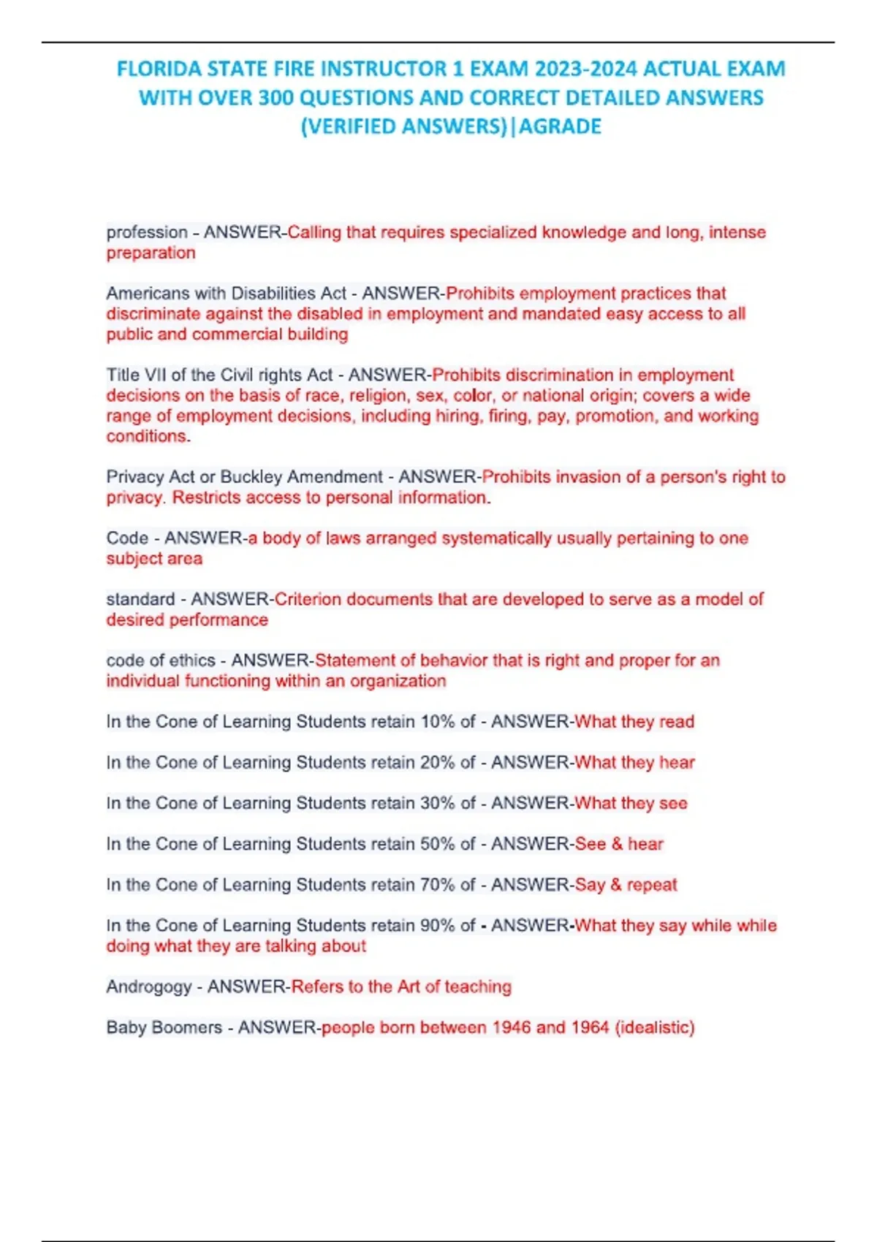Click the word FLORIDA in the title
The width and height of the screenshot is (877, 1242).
coord(159,69)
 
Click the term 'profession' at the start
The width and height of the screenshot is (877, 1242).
coord(147,232)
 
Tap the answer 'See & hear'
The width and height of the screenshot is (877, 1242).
coord(619,845)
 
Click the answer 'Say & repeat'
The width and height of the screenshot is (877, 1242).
coord(626,885)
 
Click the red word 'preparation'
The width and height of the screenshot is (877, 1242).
coord(151,253)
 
